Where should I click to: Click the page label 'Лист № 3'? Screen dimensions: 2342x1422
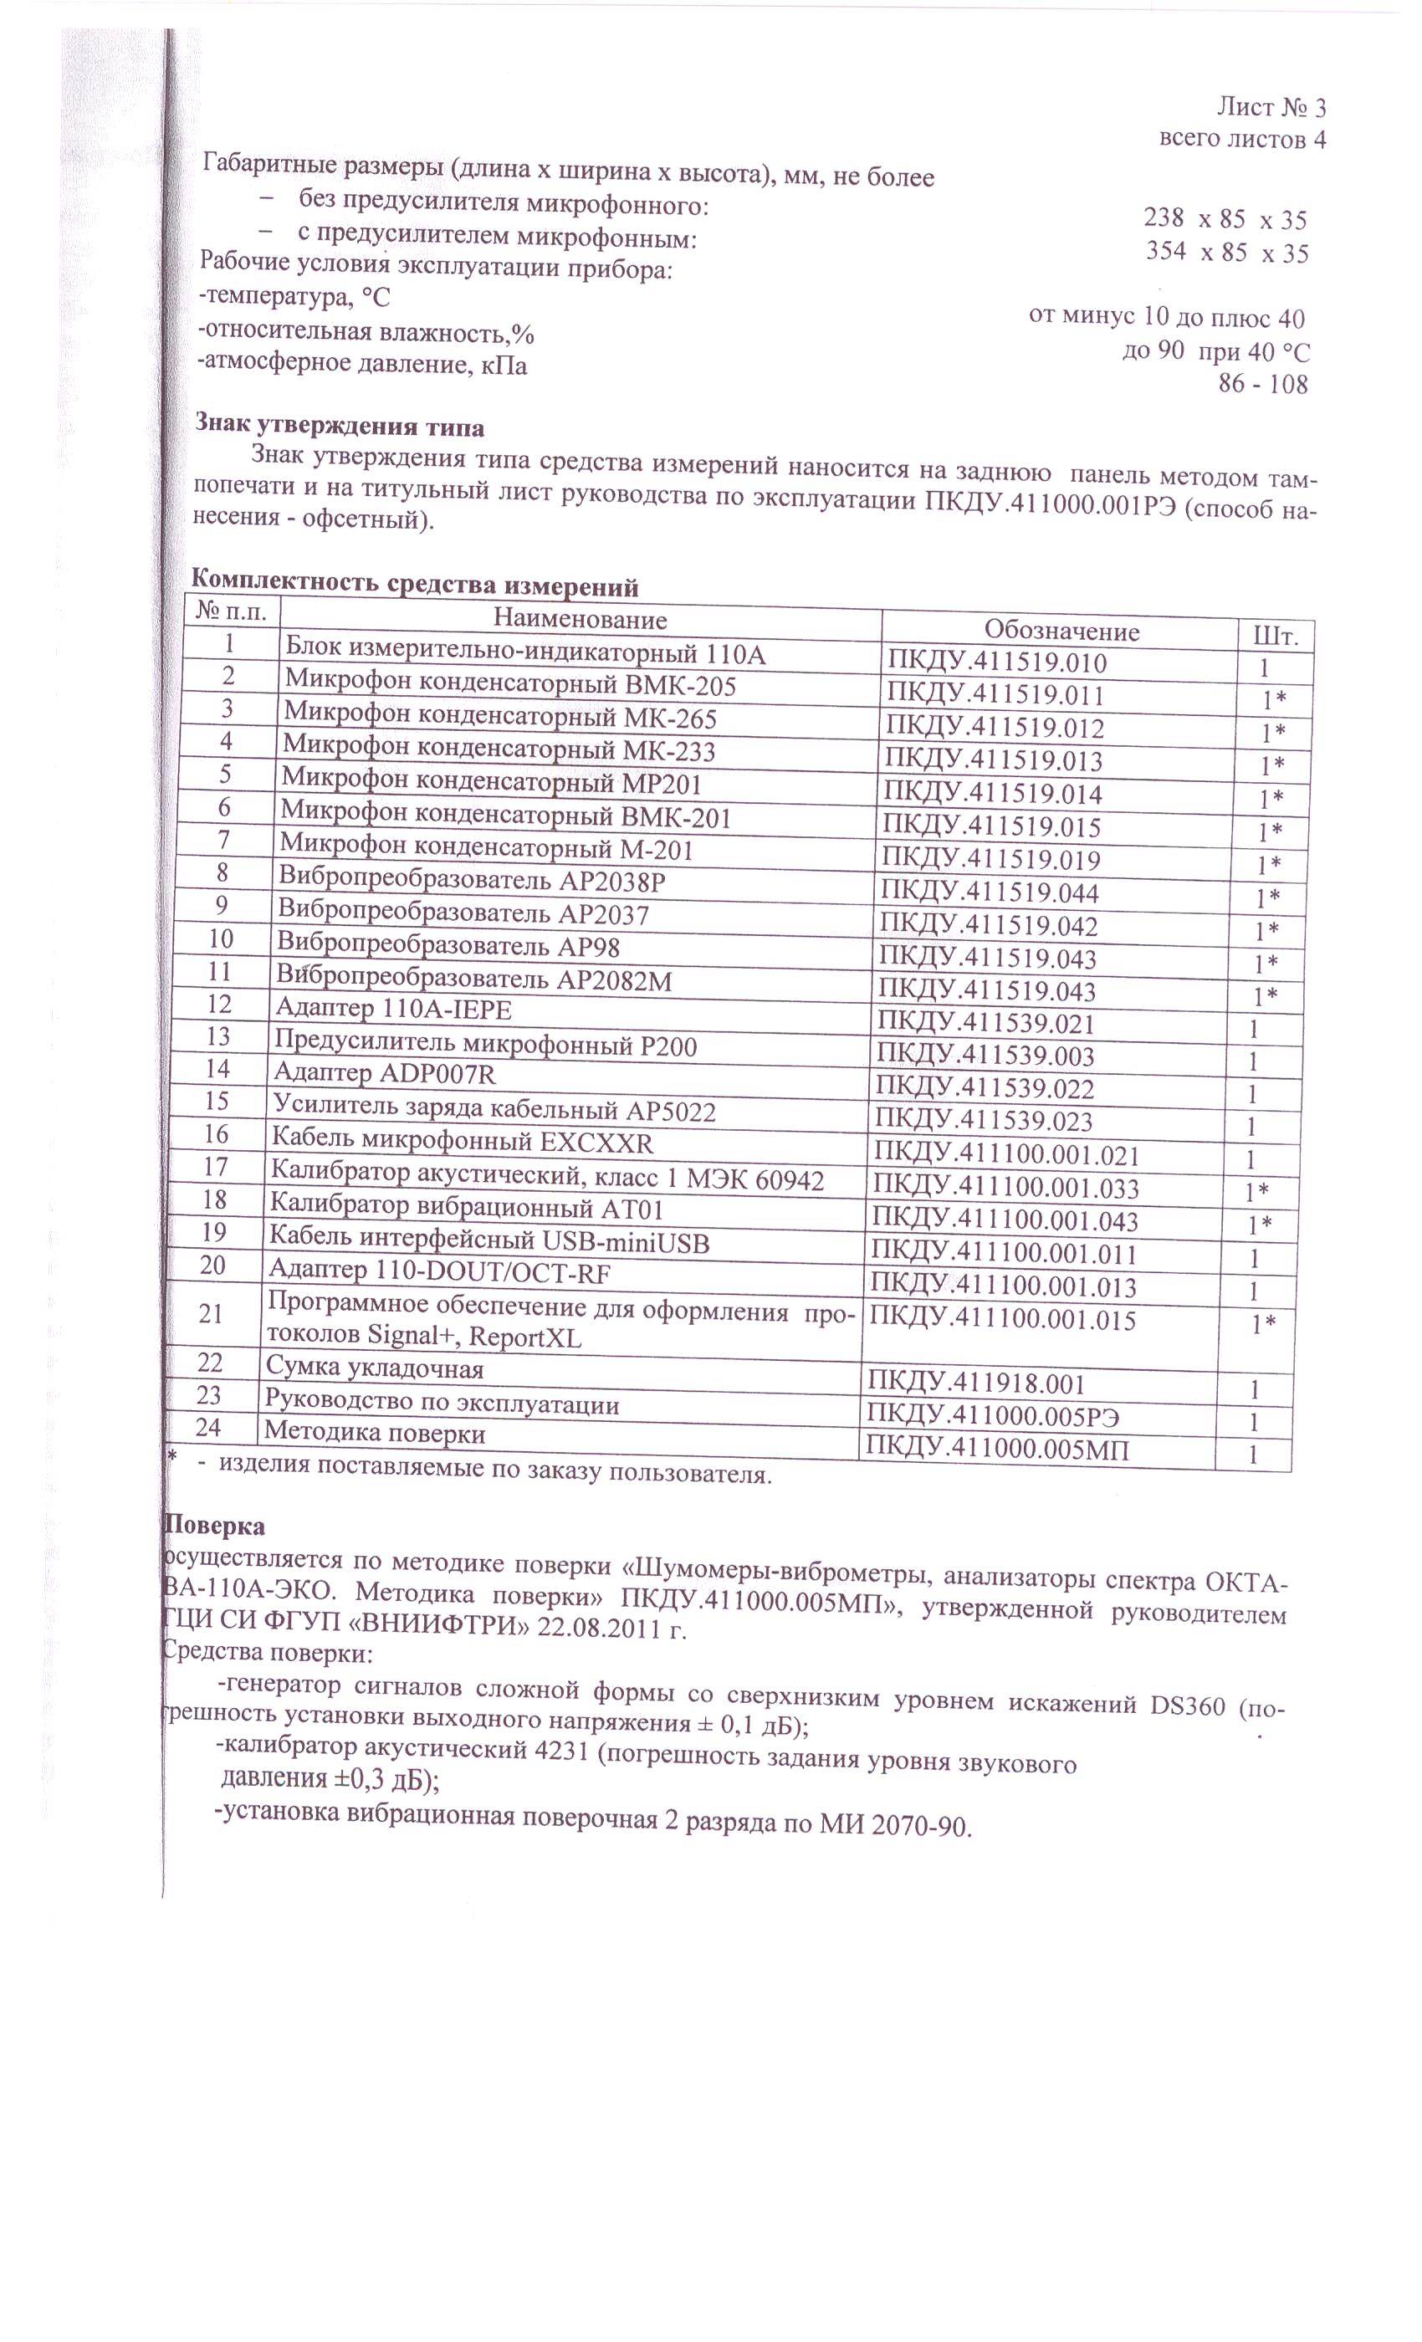pos(1271,106)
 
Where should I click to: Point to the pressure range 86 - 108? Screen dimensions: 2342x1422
pos(1262,384)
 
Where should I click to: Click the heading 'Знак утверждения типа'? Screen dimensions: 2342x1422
pos(340,425)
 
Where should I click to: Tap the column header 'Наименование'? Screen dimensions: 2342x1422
pos(580,620)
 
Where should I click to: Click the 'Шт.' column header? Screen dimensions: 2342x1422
pos(1282,636)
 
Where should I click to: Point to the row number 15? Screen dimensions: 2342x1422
pos(217,1101)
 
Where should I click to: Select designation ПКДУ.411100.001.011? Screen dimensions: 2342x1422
pos(1004,1254)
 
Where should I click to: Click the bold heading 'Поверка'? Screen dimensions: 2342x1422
pos(215,1526)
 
